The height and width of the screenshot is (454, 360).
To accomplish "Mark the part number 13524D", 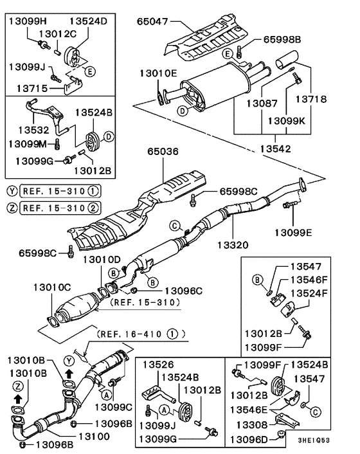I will click(x=89, y=21).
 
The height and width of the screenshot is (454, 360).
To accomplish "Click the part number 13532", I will click(x=25, y=129).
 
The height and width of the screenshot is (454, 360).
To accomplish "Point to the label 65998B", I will click(x=282, y=40).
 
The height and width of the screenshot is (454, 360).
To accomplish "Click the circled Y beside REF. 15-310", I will click(x=12, y=191).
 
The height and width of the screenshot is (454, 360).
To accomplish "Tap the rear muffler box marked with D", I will click(x=211, y=87).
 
